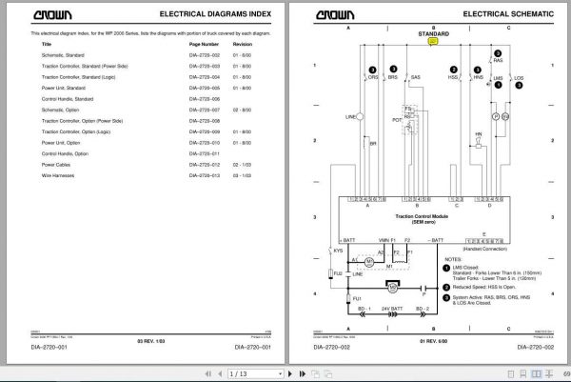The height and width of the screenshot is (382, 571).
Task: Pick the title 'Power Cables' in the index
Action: [54, 164]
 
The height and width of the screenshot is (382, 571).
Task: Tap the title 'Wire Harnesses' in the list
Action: [57, 175]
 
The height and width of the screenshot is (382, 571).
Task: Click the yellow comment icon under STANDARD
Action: [434, 41]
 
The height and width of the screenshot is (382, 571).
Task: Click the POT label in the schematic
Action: [396, 120]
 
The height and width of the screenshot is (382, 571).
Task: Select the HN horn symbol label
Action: [479, 134]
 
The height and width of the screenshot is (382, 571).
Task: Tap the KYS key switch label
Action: [338, 251]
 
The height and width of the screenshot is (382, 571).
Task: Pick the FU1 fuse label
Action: [357, 299]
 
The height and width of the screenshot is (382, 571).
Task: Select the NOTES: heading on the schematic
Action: [452, 258]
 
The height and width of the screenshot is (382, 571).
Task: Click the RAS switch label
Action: [499, 60]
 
